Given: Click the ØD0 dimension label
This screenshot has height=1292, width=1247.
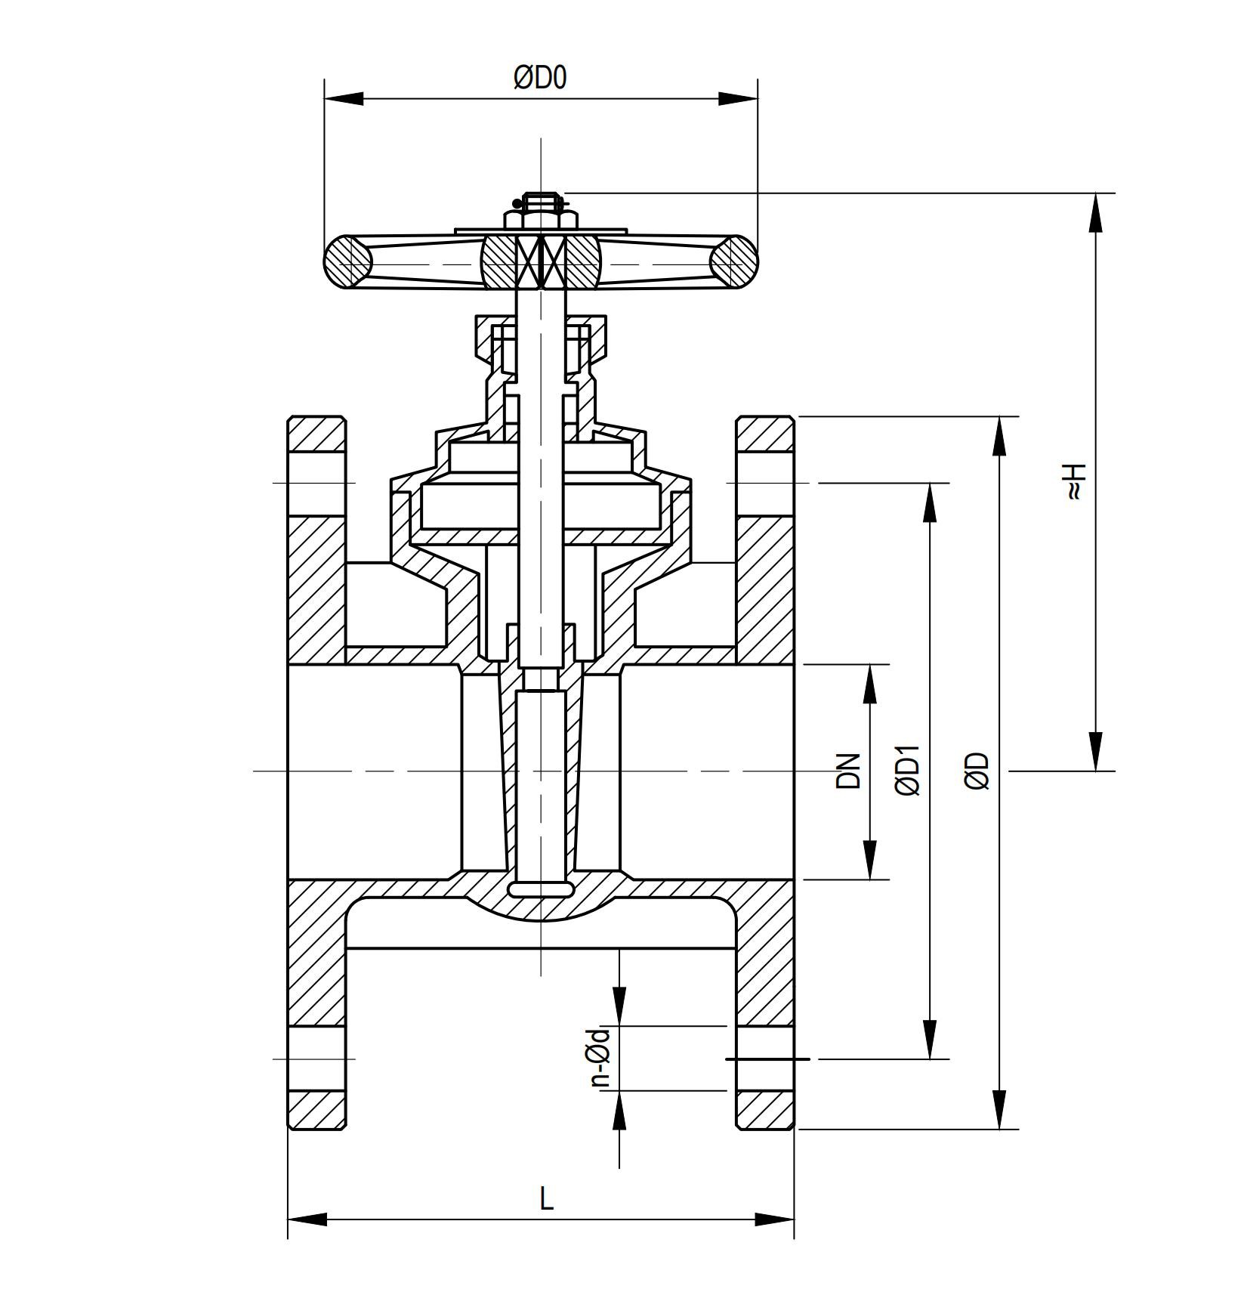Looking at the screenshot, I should click(x=539, y=78).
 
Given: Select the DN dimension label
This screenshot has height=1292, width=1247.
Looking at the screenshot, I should click(x=848, y=771).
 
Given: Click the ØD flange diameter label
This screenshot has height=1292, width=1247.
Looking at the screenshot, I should click(x=977, y=771).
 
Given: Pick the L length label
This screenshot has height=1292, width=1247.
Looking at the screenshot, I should click(x=546, y=1199).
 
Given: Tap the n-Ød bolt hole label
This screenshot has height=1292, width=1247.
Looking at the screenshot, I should click(x=600, y=1057).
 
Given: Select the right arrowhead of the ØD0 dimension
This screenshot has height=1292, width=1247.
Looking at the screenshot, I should click(x=737, y=99).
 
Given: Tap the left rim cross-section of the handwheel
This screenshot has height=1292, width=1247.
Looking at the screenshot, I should click(x=348, y=261).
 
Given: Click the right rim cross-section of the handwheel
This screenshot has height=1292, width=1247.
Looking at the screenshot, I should click(x=733, y=261).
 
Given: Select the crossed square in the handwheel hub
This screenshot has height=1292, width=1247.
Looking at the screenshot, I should click(x=542, y=261).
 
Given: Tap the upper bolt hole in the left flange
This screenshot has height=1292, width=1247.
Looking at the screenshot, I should click(x=316, y=484).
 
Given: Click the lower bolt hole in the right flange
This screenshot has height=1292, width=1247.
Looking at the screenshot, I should click(x=765, y=1059).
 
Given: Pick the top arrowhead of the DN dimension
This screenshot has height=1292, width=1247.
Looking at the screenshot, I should click(x=870, y=685).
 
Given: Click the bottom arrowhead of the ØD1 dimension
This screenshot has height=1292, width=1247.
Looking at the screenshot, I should click(x=929, y=1039).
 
